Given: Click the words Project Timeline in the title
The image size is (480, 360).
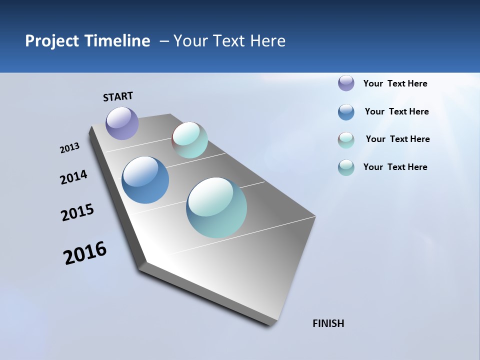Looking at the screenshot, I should (x=87, y=41).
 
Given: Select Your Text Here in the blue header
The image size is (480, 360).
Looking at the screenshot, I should (x=229, y=41).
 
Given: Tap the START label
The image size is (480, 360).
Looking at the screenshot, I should (x=118, y=96).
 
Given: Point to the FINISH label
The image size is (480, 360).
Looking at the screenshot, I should (x=328, y=323).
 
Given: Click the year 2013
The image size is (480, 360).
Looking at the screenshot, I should (x=69, y=148).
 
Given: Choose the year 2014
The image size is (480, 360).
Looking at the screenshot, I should (x=73, y=177).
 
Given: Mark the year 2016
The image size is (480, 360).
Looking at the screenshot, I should (x=85, y=253).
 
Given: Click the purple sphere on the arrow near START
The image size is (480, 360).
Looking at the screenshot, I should (x=122, y=123).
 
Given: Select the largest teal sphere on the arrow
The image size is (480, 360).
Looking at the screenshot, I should (x=216, y=207).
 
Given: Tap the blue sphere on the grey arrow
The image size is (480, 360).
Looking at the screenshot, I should (x=145, y=180).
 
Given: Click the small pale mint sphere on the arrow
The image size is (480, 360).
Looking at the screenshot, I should (x=189, y=140).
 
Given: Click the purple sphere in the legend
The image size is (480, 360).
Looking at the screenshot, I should (x=346, y=83).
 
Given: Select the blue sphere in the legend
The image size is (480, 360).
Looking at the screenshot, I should (x=346, y=112).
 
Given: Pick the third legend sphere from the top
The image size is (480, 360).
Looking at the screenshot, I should (x=346, y=140).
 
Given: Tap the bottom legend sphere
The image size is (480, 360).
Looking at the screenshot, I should (x=346, y=167).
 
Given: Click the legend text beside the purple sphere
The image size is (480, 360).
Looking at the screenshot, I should (x=395, y=83).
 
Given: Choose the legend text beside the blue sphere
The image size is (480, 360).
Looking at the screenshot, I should (x=396, y=111).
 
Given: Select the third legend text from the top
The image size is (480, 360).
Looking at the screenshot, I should (x=397, y=139).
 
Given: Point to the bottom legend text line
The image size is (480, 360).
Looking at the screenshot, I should (x=395, y=167).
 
